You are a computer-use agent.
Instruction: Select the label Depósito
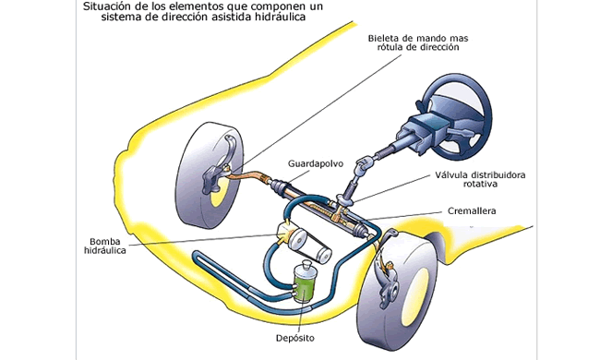[295, 338]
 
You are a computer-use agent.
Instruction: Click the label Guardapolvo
[316, 163]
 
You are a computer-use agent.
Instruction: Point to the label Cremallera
[472, 210]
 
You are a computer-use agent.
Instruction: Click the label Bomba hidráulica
[105, 246]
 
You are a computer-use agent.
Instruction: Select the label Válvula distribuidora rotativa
[480, 179]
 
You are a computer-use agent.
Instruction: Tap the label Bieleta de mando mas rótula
[418, 42]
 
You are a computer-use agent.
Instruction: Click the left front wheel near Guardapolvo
[211, 174]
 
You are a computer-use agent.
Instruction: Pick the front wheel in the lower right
[398, 291]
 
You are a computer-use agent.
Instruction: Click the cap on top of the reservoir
[306, 265]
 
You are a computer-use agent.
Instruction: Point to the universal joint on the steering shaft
[361, 165]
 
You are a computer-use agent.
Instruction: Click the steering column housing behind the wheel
[421, 132]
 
